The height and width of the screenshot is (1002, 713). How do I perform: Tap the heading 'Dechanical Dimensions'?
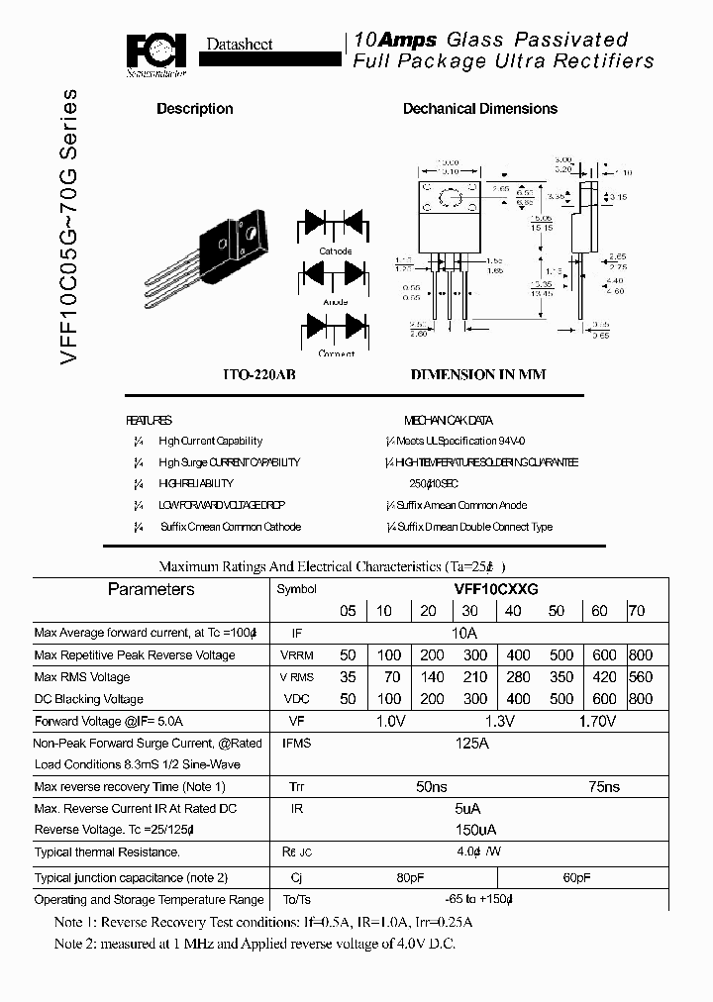479,109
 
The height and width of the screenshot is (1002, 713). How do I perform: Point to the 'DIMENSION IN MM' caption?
478,375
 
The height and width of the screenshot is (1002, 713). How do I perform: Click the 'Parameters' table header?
151,590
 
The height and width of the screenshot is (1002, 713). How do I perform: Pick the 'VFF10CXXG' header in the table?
495,588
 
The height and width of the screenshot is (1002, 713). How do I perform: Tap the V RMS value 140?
432,677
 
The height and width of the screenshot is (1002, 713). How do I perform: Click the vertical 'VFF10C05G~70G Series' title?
68,228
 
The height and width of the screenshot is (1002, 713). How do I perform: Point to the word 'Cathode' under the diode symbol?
335,251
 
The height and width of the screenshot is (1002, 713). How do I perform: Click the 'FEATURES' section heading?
149,420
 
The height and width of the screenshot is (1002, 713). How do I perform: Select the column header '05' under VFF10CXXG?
348,612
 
